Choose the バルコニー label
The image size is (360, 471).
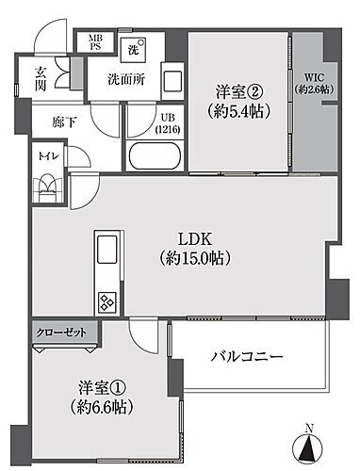pos(247,358)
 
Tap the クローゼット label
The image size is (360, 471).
pos(58,333)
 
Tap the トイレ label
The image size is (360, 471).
pos(44,157)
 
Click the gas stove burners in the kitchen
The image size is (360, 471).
pos(105,302)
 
